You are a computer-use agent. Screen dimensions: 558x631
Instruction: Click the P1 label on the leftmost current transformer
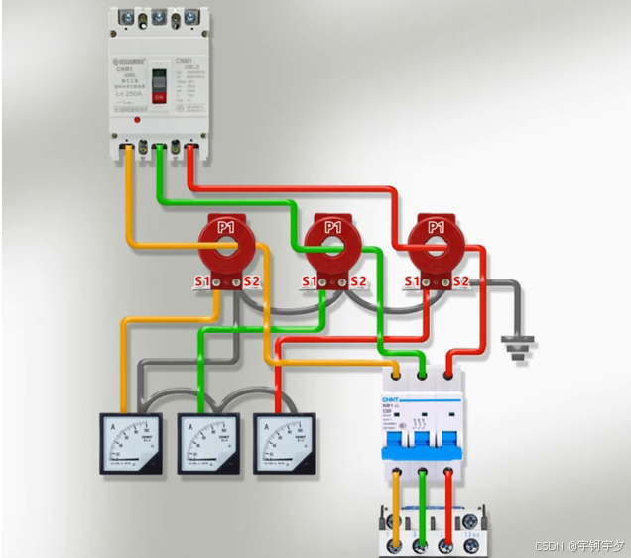pos(227,229)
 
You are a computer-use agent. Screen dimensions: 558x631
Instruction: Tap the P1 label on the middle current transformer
pos(333,229)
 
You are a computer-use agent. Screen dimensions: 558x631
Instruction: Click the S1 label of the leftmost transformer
pos(201,282)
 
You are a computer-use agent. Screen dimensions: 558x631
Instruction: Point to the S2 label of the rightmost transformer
pos(462,282)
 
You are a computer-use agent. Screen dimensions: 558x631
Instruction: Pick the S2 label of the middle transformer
pos(358,282)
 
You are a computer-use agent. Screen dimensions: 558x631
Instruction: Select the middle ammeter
pos(207,443)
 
